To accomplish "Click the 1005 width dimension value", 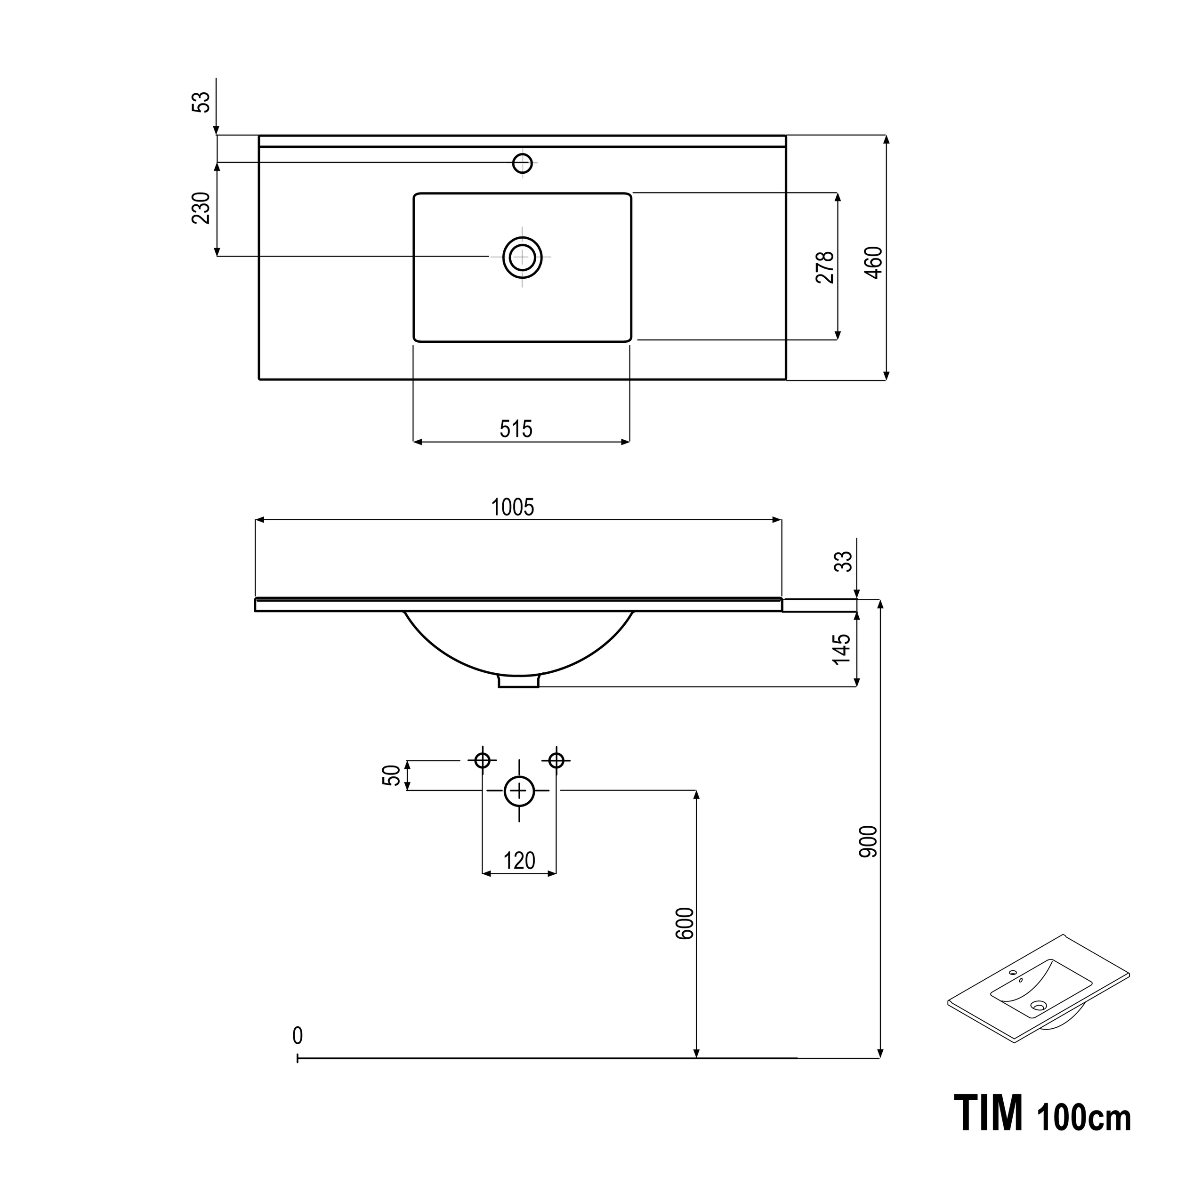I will click(x=512, y=507).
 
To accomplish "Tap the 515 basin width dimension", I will click(x=516, y=429).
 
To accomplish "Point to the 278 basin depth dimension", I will click(x=824, y=267).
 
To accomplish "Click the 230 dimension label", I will click(x=201, y=209).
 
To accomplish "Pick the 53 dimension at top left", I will click(x=201, y=102).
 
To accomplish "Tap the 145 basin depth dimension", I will click(x=841, y=649).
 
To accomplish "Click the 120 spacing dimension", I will click(x=519, y=861).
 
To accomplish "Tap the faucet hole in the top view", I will click(x=523, y=163).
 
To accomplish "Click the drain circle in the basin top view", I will click(x=522, y=257).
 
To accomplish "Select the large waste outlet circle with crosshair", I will click(x=519, y=791).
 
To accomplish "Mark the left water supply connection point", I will click(x=483, y=760).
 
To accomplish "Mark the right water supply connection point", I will click(x=556, y=760).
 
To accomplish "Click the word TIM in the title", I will click(x=988, y=1113).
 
